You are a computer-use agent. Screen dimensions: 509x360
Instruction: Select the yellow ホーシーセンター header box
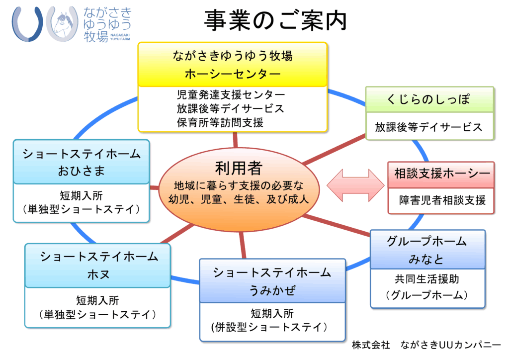coord(233,64)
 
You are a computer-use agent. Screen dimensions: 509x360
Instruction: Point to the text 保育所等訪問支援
coord(220,122)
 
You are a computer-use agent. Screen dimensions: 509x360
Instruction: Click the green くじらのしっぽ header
coord(429,99)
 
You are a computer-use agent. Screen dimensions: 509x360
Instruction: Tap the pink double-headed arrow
coord(355,185)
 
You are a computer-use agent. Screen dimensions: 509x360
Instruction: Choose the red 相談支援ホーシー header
coord(441,175)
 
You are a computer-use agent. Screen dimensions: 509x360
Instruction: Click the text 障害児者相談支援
coord(442,200)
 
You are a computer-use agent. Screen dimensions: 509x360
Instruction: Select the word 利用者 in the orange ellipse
coord(239,168)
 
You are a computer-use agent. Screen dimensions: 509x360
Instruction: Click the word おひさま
coord(81,171)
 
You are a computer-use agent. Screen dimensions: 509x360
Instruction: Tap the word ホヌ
coord(98,274)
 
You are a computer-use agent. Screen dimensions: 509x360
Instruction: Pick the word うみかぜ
coord(272,290)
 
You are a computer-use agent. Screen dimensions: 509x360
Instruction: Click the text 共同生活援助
coord(426,279)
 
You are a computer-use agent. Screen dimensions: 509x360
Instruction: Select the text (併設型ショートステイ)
coord(269,327)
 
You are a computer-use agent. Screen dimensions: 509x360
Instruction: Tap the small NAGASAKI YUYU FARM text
coord(120,37)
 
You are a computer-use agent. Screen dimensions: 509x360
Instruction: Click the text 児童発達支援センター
coord(231,94)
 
